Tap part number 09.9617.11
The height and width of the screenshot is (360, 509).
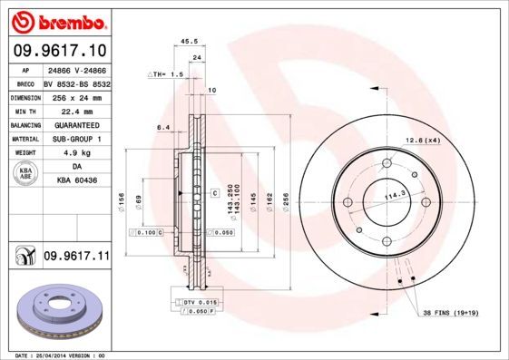pyautogui.click(x=75, y=257)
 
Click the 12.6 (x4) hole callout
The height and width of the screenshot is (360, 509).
pyautogui.click(x=422, y=140)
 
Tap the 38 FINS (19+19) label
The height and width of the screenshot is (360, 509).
pyautogui.click(x=451, y=313)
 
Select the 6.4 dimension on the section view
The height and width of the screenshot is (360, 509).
pyautogui.click(x=163, y=127)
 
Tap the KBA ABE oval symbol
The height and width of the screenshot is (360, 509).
pyautogui.click(x=26, y=174)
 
